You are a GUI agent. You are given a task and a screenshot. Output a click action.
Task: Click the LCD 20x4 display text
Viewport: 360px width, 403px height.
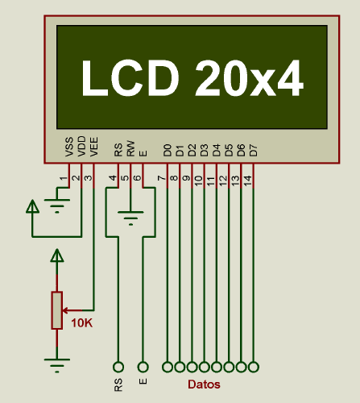pos(192,78)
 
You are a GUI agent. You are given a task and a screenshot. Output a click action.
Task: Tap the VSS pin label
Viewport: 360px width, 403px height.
pos(69,147)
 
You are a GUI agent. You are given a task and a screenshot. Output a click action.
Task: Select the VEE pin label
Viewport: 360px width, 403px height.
pos(94,147)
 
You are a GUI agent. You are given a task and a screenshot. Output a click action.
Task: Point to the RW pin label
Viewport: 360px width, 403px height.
pos(130,148)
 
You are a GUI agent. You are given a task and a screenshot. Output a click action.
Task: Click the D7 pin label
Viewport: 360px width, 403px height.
pos(254,151)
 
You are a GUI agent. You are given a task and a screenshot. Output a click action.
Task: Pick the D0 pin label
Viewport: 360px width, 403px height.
pos(168,151)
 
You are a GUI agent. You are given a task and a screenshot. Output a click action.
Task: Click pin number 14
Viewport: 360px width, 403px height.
pos(247,181)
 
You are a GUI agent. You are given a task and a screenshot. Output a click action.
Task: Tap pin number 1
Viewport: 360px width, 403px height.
pos(64,178)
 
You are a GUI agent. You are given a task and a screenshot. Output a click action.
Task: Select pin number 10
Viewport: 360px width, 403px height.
pos(198,181)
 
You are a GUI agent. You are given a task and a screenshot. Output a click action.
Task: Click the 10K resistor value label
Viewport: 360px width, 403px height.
pos(82,323)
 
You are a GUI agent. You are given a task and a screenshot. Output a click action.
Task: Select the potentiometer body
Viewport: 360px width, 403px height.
pos(57,310)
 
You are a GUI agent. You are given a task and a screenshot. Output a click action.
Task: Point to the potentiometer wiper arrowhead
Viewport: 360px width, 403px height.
pos(65,310)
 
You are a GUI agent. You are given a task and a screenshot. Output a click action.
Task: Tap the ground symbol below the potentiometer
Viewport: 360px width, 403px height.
pos(57,365)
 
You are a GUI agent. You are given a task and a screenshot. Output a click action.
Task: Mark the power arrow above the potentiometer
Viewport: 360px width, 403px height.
pos(57,256)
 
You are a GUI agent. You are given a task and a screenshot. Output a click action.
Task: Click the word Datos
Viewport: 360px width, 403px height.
pos(204,384)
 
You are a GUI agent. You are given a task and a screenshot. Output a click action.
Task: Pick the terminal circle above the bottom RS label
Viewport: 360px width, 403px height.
pos(118,367)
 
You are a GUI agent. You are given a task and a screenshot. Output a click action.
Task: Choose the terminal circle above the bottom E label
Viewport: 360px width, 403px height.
pos(143,367)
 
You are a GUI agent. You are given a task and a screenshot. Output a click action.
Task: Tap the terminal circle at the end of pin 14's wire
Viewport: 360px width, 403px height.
pos(254,367)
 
